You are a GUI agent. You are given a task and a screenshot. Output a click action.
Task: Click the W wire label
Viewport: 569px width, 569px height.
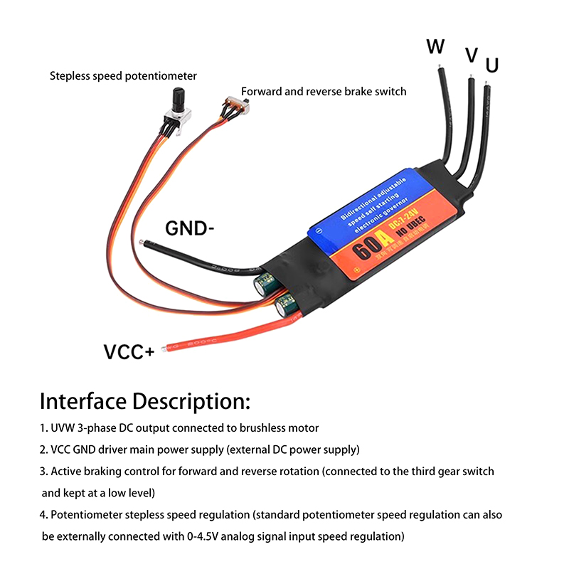[x=435, y=47]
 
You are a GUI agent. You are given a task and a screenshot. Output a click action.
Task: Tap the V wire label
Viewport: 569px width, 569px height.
[x=471, y=55]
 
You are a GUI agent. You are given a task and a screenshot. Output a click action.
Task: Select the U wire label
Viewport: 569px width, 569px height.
[x=491, y=66]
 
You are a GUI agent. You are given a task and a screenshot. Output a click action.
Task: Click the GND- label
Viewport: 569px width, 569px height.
[x=190, y=228]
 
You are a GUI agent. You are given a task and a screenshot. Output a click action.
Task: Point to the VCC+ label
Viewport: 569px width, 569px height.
[x=129, y=352]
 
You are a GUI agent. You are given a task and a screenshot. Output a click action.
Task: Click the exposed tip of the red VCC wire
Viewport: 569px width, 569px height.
[x=166, y=349]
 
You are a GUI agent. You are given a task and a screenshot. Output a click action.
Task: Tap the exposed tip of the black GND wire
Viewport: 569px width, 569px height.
[x=144, y=244]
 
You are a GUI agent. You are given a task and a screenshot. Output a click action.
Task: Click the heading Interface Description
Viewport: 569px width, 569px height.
[x=145, y=401]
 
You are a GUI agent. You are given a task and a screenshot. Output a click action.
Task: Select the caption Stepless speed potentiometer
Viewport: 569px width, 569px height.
[x=123, y=75]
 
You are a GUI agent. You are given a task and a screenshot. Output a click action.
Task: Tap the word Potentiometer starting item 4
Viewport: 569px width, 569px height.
[x=80, y=514]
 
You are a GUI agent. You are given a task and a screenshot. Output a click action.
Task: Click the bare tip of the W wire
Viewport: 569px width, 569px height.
[x=442, y=68]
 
